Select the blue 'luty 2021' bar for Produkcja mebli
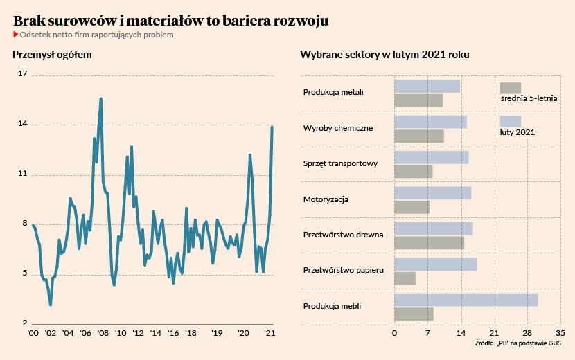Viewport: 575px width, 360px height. [x=466, y=300]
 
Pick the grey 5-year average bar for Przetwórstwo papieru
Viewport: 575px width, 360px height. [x=405, y=278]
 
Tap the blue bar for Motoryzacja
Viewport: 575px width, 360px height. [x=432, y=193]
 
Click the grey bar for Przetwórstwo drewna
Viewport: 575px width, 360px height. [x=429, y=242]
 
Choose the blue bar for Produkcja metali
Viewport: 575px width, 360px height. [x=427, y=86]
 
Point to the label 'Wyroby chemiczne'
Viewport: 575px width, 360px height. [x=338, y=128]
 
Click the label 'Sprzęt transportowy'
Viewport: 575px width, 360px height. [x=340, y=164]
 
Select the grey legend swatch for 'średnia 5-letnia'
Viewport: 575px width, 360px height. [x=511, y=88]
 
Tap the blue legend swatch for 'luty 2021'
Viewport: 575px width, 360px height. [x=511, y=122]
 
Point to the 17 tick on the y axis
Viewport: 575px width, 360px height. [x=22, y=74]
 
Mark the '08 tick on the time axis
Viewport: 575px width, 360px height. [x=103, y=334]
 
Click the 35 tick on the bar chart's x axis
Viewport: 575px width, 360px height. [x=560, y=333]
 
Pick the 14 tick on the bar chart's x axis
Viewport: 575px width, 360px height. [x=461, y=333]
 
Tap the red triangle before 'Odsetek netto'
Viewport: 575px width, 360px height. [x=16, y=35]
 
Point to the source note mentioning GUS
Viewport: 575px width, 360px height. [x=519, y=343]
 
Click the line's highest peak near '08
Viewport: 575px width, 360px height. [x=101, y=98]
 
